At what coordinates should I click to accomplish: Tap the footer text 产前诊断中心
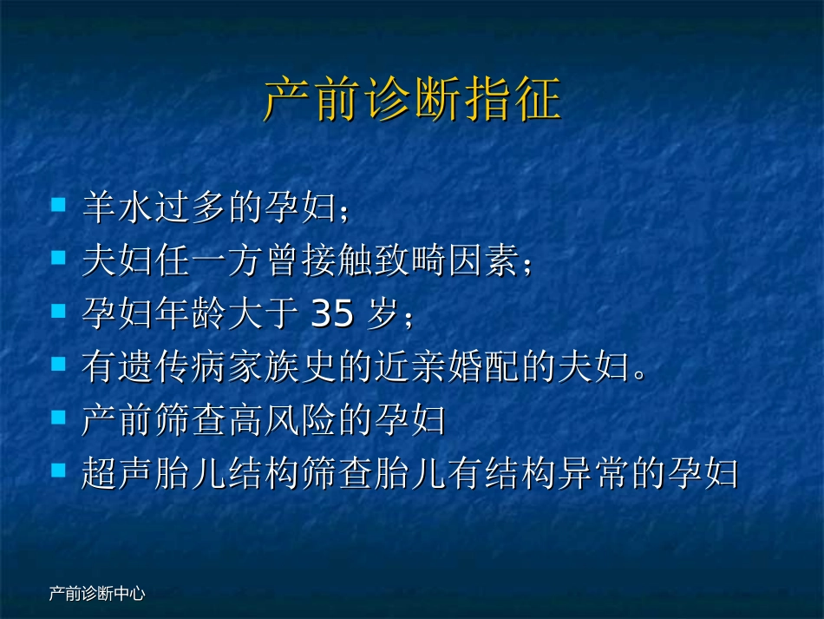coord(96,594)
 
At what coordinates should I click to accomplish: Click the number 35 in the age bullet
coord(331,316)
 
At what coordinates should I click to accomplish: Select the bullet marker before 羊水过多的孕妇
coord(58,206)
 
